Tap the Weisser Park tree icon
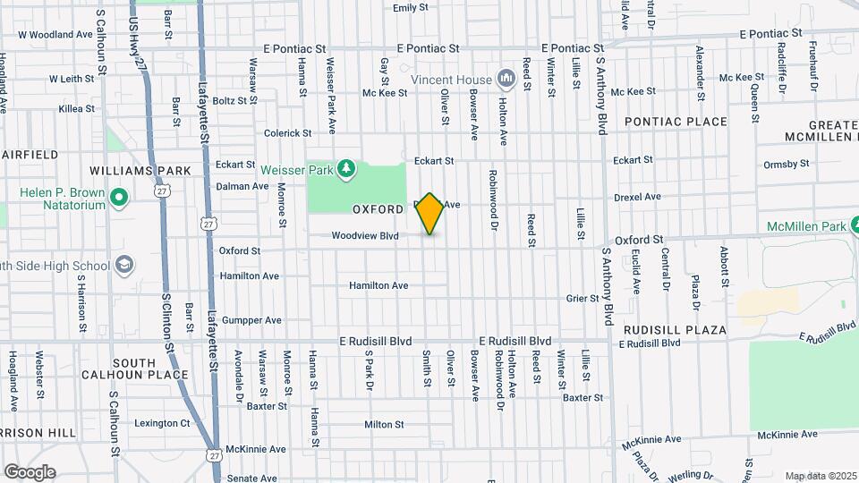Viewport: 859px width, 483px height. pyautogui.click(x=346, y=168)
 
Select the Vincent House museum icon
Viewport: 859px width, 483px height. pyautogui.click(x=507, y=80)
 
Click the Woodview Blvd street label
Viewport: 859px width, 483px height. pyautogui.click(x=364, y=237)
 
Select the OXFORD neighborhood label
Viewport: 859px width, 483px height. pyautogui.click(x=378, y=209)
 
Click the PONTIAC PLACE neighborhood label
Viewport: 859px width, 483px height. pyautogui.click(x=676, y=121)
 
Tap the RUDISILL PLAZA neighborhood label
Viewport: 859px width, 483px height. pyautogui.click(x=675, y=330)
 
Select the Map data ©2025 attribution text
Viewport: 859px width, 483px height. pyautogui.click(x=821, y=475)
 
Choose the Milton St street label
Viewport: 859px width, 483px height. pyautogui.click(x=385, y=425)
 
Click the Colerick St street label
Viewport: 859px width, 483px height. pyautogui.click(x=287, y=133)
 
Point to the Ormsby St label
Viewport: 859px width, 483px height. pyautogui.click(x=786, y=164)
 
